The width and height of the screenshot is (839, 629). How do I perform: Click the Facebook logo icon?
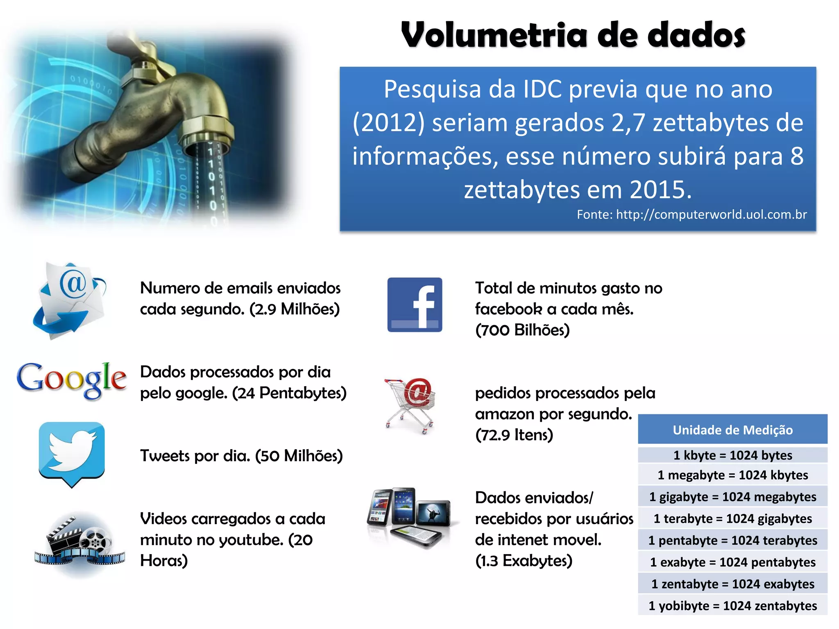pos(415,305)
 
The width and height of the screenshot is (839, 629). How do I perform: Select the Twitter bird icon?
pos(72,453)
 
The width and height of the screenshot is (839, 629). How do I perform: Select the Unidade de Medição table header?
pos(732,430)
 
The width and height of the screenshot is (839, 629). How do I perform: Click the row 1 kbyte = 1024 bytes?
pos(732,455)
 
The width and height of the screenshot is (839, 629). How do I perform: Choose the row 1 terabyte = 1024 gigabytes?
pos(732,518)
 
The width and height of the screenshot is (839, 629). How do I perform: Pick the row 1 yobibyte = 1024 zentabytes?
pos(732,605)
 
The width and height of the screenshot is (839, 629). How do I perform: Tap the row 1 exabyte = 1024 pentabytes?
pos(732,562)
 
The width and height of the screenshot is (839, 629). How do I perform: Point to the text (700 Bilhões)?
pos(522,330)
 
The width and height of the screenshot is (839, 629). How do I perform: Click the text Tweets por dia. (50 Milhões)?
pos(241,455)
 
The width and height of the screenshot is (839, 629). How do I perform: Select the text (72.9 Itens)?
pos(514,435)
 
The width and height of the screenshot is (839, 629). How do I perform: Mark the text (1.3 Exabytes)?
pos(524,561)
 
